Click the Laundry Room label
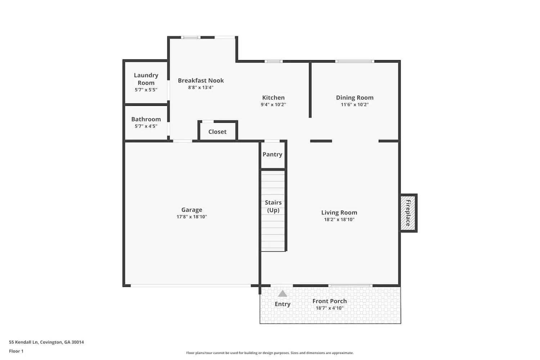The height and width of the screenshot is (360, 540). click(x=146, y=78)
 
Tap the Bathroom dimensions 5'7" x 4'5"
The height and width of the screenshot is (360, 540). click(x=146, y=126)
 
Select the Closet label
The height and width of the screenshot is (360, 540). click(x=217, y=132)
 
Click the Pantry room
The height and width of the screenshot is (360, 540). click(x=273, y=154)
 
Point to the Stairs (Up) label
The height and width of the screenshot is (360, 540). click(x=273, y=206)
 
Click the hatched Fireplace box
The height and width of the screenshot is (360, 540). click(x=408, y=213)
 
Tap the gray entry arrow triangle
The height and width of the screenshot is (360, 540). click(x=283, y=294)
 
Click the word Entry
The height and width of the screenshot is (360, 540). click(x=283, y=304)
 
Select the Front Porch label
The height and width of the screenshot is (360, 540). click(x=329, y=301)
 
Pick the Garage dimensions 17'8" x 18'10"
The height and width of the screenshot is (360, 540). click(x=192, y=217)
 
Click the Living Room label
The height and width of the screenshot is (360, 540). click(x=339, y=212)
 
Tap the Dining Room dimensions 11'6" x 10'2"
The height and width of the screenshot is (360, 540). click(x=355, y=105)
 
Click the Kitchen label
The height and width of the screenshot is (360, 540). click(x=273, y=98)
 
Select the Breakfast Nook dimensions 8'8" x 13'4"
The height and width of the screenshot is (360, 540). click(x=201, y=87)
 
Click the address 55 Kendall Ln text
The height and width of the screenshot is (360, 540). click(x=46, y=342)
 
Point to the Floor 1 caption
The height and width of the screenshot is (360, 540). click(x=16, y=351)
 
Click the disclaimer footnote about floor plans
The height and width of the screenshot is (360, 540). click(x=270, y=353)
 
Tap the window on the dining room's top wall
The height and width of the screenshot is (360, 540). click(x=355, y=62)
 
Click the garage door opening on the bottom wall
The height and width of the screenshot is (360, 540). click(x=191, y=286)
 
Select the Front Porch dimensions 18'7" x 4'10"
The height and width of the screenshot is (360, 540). click(x=329, y=308)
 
